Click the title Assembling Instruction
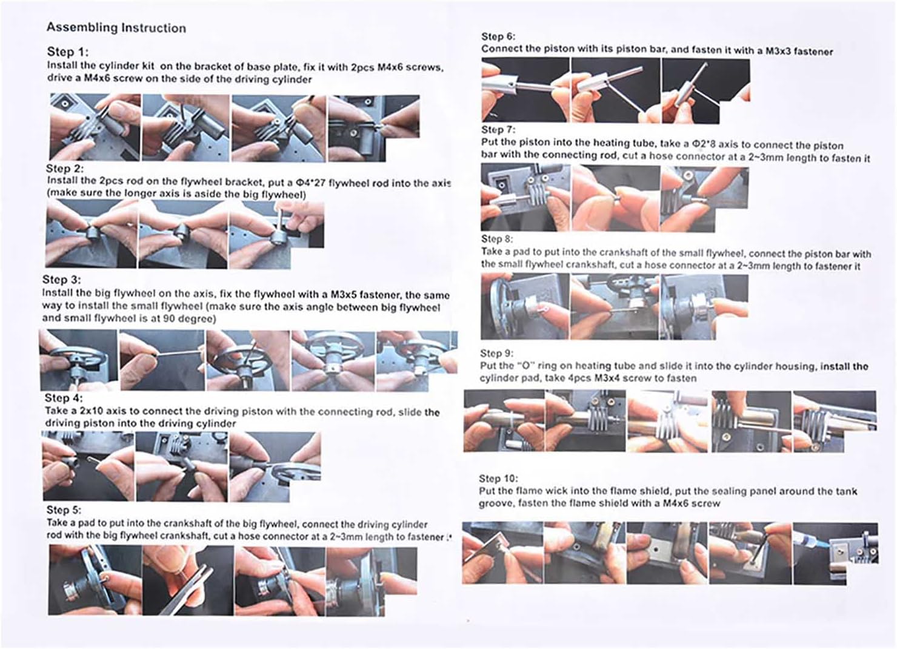tap(116, 28)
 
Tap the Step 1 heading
tap(68, 52)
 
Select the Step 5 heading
tap(64, 510)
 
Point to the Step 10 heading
tap(498, 479)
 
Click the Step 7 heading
tap(498, 130)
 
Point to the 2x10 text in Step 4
tap(92, 411)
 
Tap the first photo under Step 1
tap(95, 127)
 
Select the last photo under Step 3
tap(417, 361)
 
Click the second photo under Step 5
tap(188, 580)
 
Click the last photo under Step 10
tap(835, 553)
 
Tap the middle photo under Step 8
tap(615, 307)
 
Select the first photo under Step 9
tap(504, 421)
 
